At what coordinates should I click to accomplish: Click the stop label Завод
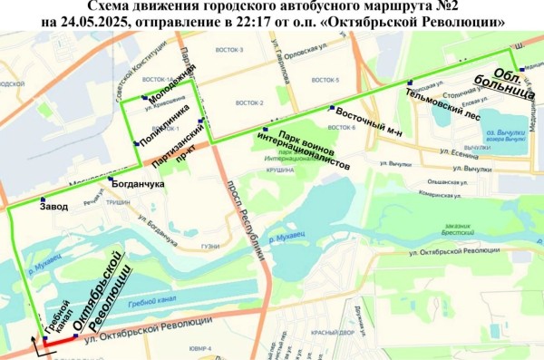[x=54, y=206]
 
